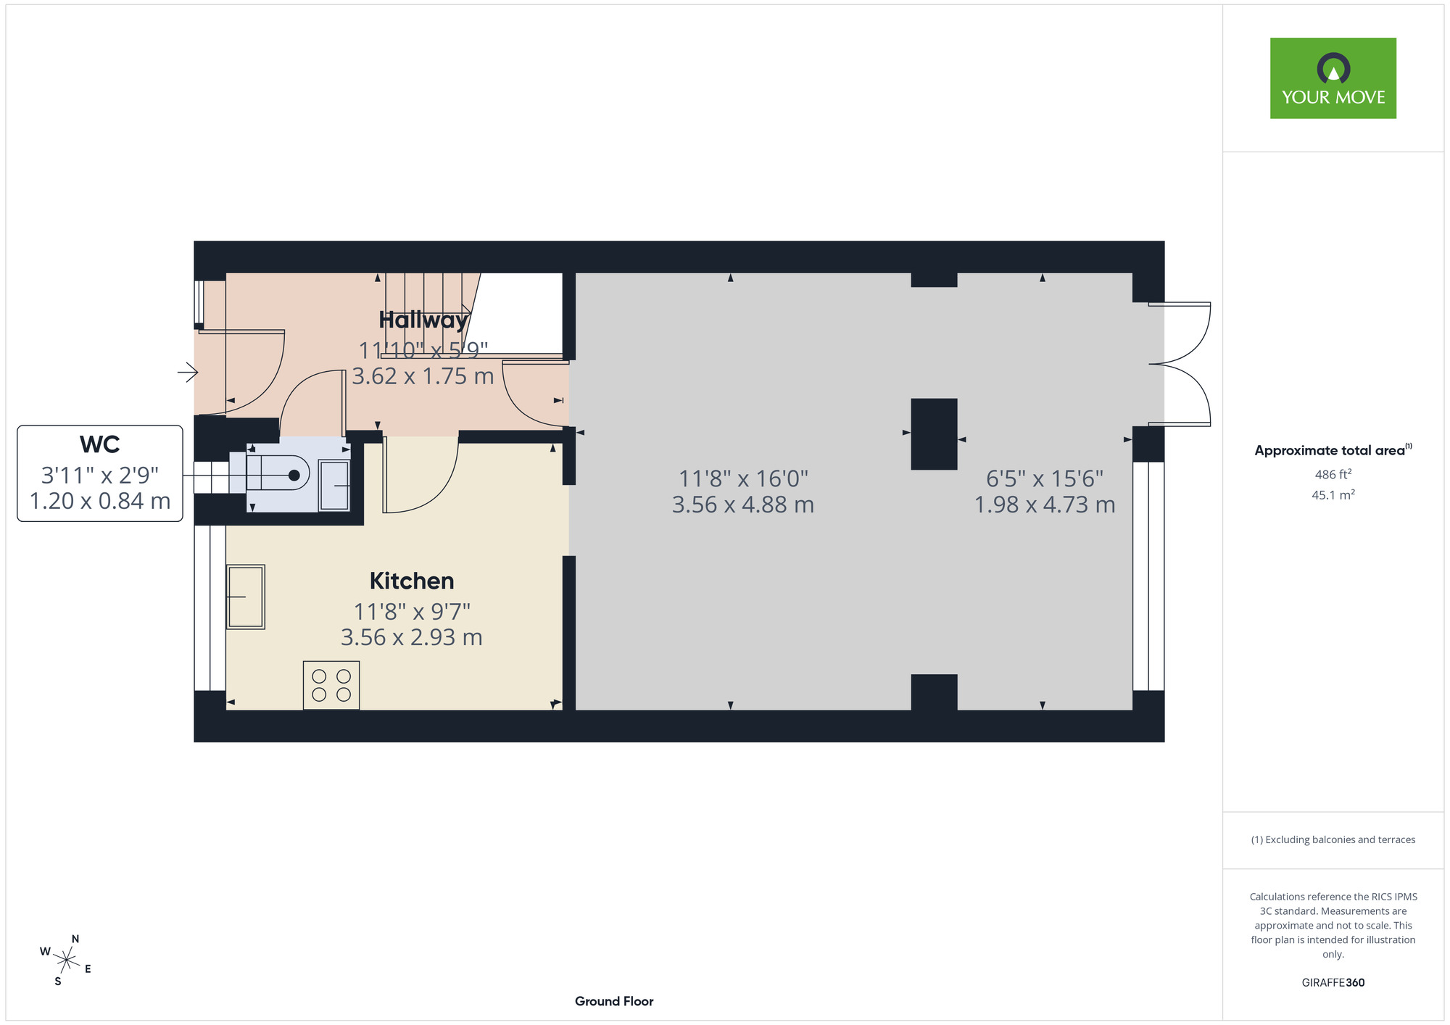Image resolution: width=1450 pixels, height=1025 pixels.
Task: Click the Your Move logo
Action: (x=1333, y=78)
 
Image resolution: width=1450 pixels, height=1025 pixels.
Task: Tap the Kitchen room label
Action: (x=412, y=581)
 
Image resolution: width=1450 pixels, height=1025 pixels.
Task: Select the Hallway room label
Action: (x=423, y=320)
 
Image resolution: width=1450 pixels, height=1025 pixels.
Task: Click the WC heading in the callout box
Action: (x=100, y=444)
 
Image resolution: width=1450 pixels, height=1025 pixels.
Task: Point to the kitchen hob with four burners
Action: (x=331, y=685)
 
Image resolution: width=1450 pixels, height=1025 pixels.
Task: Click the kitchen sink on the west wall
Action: (x=245, y=597)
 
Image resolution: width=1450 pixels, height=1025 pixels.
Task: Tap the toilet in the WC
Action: (x=278, y=475)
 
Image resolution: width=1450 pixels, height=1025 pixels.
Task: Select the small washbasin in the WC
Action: (x=334, y=485)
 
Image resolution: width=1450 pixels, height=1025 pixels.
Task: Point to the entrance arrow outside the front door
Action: (x=188, y=373)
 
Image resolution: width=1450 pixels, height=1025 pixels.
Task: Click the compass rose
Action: (x=66, y=961)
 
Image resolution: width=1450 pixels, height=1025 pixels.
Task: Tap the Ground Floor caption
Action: (x=614, y=1001)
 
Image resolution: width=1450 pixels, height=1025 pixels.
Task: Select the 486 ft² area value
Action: (x=1333, y=474)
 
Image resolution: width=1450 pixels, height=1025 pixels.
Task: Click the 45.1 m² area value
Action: (x=1333, y=494)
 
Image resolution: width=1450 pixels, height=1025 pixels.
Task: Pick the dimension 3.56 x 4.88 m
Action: (x=743, y=505)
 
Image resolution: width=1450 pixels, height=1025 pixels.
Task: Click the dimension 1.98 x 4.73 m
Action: (x=1045, y=505)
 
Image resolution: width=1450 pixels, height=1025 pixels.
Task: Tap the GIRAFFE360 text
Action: (x=1333, y=983)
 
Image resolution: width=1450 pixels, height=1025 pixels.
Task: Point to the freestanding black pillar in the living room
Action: (x=934, y=434)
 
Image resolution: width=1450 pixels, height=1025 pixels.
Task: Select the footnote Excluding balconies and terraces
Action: (x=1333, y=839)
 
